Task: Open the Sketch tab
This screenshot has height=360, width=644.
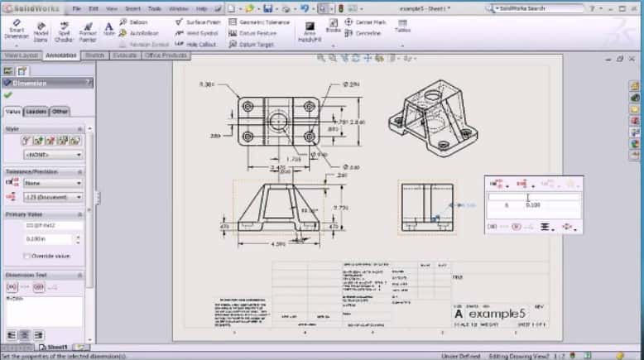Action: (94, 55)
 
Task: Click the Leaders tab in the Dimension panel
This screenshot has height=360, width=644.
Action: (36, 111)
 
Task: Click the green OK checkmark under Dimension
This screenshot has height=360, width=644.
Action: (8, 95)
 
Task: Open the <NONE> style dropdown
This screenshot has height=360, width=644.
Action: (54, 154)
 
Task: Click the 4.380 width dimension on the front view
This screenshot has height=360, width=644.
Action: (279, 243)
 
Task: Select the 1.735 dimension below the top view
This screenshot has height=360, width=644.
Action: (292, 158)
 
